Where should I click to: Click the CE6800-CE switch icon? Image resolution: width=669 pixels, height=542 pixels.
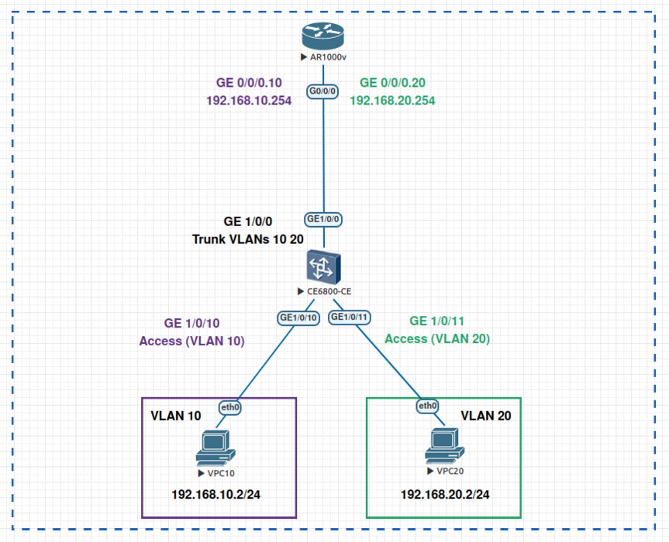(x=323, y=267)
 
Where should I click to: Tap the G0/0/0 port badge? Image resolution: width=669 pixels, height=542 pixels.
(x=322, y=91)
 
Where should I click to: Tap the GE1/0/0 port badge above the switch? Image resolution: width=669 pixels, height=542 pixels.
(x=323, y=219)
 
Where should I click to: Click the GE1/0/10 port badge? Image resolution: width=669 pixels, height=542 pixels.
(x=298, y=317)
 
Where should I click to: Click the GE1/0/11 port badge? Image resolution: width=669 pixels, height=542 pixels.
(x=350, y=317)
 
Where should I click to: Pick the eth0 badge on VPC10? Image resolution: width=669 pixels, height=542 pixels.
(x=230, y=406)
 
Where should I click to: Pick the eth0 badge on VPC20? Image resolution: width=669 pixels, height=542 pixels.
(x=428, y=406)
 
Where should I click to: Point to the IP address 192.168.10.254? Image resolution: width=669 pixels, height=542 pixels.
(x=249, y=100)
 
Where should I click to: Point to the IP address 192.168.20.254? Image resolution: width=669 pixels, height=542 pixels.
(x=392, y=100)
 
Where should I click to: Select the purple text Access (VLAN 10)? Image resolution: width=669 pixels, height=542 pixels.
(x=192, y=340)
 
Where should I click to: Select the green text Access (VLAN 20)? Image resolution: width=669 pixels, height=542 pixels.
(x=437, y=338)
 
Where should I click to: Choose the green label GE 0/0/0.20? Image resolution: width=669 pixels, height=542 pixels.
(x=392, y=83)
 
